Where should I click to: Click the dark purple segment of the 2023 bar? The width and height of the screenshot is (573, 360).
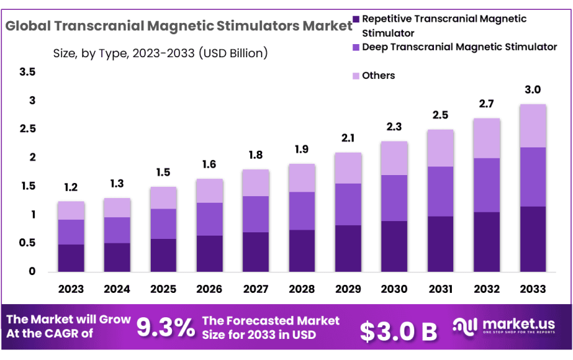pyautogui.click(x=70, y=258)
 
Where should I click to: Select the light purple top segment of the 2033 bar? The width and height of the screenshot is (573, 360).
pyautogui.click(x=532, y=126)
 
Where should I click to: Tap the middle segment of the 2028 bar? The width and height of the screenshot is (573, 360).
pyautogui.click(x=302, y=211)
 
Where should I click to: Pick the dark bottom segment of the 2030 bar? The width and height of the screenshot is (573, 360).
pyautogui.click(x=394, y=246)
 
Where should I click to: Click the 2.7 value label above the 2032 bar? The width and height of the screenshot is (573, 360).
pyautogui.click(x=486, y=103)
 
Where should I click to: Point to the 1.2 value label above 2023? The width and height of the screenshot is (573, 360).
pyautogui.click(x=70, y=188)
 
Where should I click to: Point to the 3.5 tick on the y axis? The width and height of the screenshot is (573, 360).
pyautogui.click(x=27, y=72)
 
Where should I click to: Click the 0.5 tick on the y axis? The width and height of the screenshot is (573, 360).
pyautogui.click(x=27, y=244)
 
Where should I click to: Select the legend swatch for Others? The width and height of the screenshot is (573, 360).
pyautogui.click(x=356, y=76)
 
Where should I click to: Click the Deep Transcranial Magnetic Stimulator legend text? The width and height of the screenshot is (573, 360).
pyautogui.click(x=460, y=47)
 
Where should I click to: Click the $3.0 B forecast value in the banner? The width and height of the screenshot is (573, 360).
pyautogui.click(x=398, y=332)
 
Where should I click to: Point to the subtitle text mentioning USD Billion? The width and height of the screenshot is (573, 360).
pyautogui.click(x=160, y=53)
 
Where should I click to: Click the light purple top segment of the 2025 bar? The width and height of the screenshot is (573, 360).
pyautogui.click(x=163, y=197)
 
